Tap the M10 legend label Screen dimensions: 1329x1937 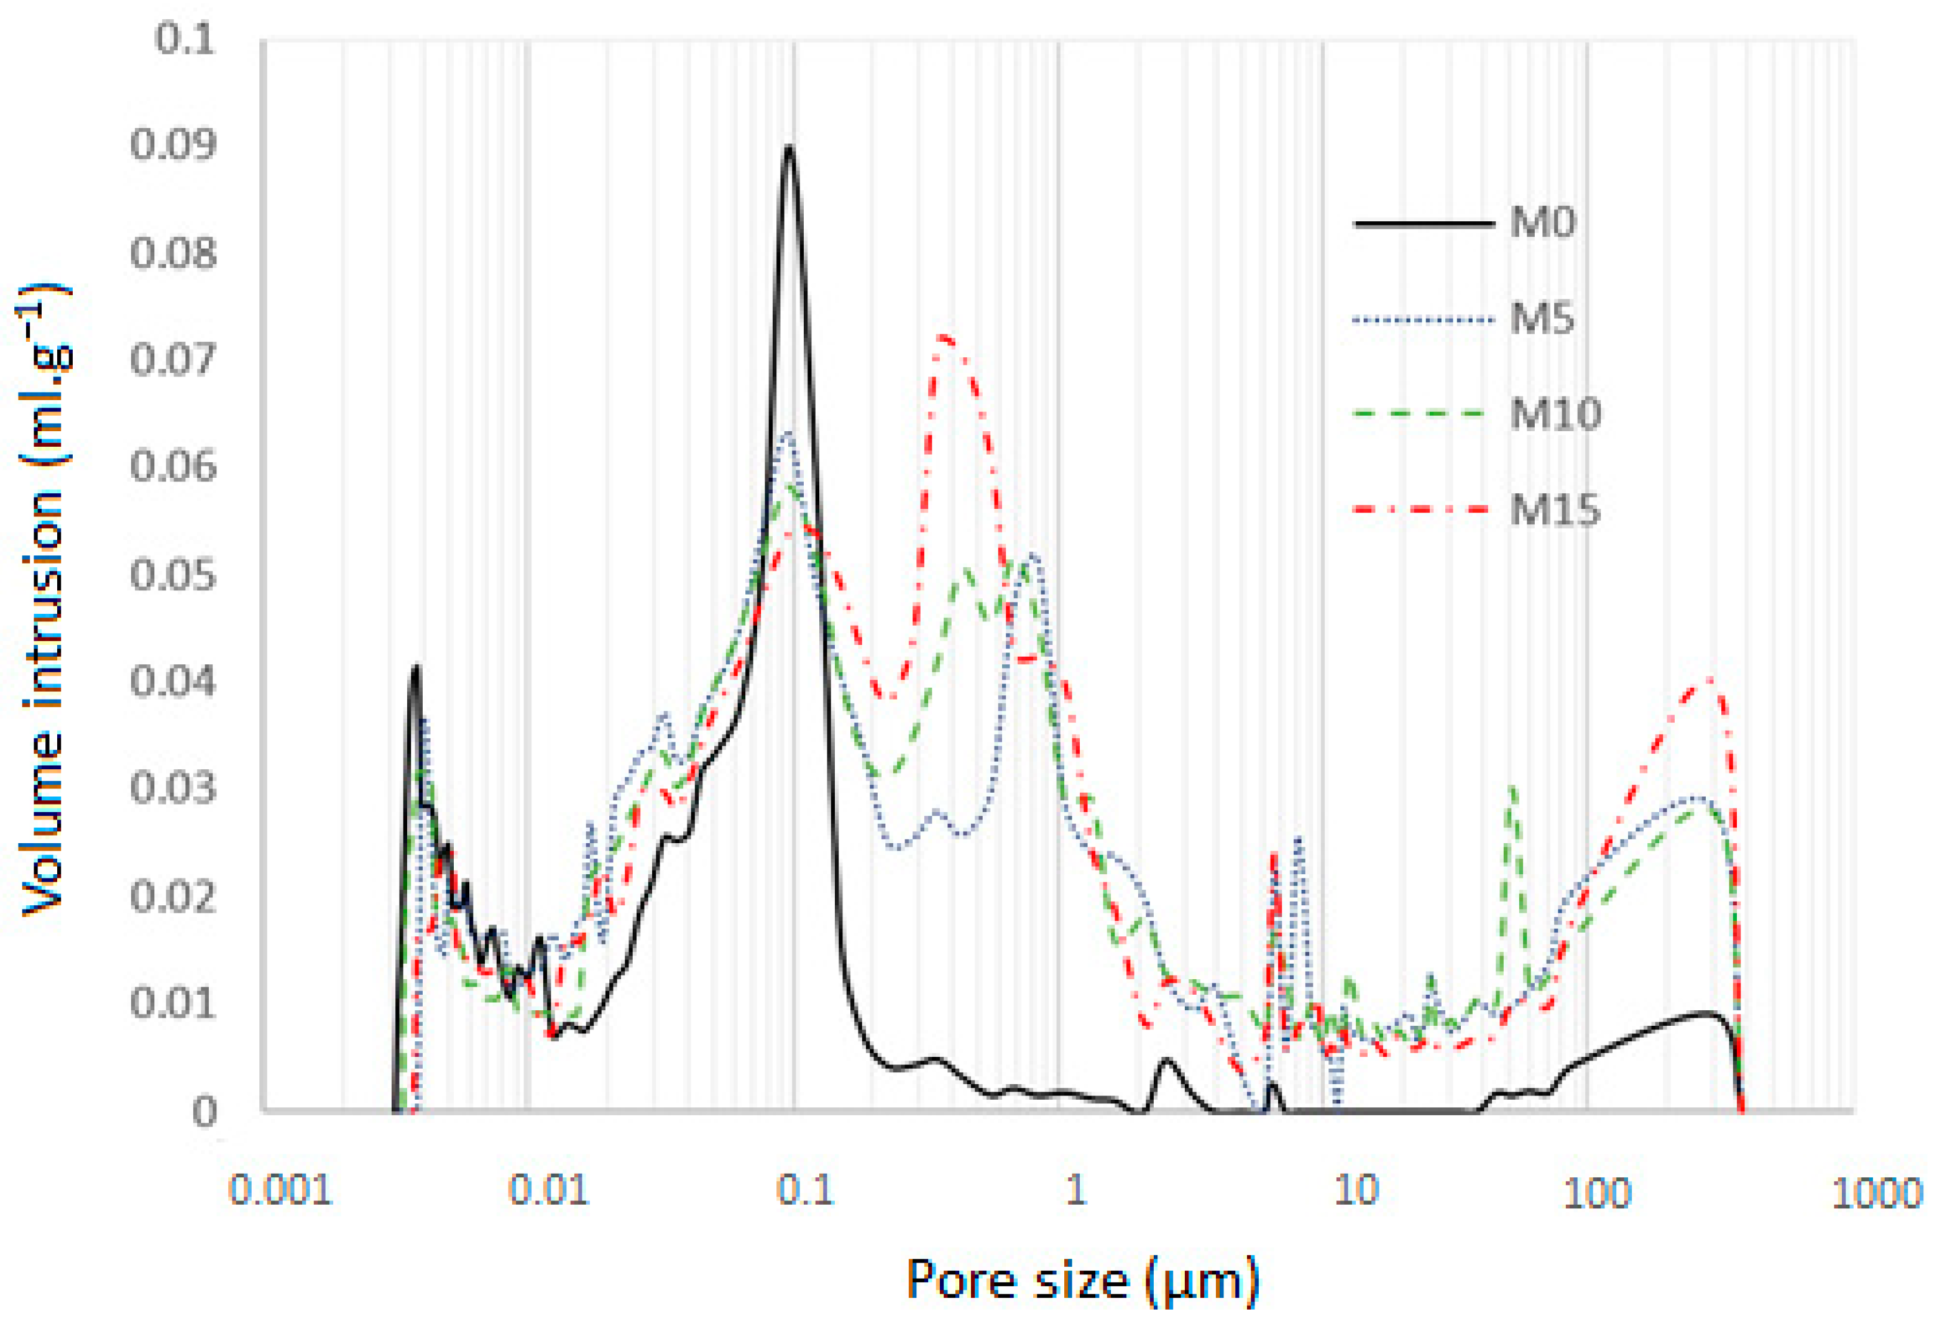(1555, 414)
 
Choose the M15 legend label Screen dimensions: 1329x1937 (1555, 510)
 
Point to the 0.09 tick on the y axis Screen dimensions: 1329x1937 (173, 145)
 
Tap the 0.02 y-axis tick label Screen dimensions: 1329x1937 (173, 897)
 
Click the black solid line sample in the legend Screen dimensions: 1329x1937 (1424, 223)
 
